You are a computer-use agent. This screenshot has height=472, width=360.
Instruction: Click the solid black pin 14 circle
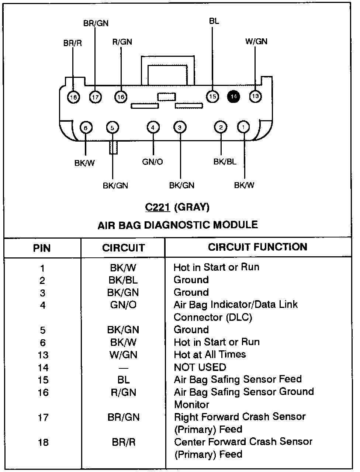(233, 97)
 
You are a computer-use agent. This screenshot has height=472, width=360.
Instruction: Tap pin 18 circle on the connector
(74, 97)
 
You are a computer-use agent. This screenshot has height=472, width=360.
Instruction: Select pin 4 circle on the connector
(153, 128)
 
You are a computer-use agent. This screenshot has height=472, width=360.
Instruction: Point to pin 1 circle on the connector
(243, 127)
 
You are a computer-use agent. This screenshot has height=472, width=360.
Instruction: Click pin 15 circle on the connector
(212, 97)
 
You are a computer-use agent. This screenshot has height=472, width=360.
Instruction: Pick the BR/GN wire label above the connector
(96, 23)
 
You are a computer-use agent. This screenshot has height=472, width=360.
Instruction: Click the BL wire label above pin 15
(214, 21)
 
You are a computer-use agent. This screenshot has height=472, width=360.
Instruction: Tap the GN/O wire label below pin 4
(152, 162)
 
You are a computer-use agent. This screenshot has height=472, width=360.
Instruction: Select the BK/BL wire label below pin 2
(225, 162)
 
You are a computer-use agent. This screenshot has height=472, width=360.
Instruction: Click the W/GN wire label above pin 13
(256, 41)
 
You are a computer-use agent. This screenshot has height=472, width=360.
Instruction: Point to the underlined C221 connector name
(157, 207)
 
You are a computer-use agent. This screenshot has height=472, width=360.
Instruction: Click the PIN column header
(42, 248)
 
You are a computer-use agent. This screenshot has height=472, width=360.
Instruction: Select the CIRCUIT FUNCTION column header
(257, 247)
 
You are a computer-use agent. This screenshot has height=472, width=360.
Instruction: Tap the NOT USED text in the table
(200, 367)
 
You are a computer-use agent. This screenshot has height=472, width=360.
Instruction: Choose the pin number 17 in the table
(43, 417)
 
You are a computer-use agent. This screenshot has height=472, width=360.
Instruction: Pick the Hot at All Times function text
(210, 355)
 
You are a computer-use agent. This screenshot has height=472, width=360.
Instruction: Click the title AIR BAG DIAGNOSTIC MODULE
(178, 225)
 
